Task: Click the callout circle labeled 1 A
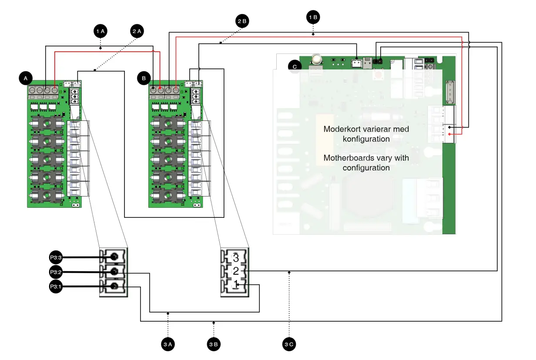click(100, 31)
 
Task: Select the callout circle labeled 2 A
click(137, 31)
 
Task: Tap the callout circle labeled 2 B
click(242, 20)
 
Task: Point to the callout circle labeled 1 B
click(313, 17)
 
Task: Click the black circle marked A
click(26, 78)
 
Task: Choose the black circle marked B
click(143, 78)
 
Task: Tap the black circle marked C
click(295, 67)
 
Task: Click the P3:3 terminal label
click(56, 258)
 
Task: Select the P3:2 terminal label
click(56, 273)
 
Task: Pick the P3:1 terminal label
click(56, 287)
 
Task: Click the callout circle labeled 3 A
click(168, 344)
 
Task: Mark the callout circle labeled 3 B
click(213, 344)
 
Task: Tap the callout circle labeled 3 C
click(289, 344)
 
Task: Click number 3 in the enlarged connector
click(236, 258)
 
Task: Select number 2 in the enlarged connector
click(236, 271)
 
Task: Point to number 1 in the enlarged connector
click(236, 285)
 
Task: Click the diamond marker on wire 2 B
click(221, 43)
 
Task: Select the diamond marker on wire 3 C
click(289, 272)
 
